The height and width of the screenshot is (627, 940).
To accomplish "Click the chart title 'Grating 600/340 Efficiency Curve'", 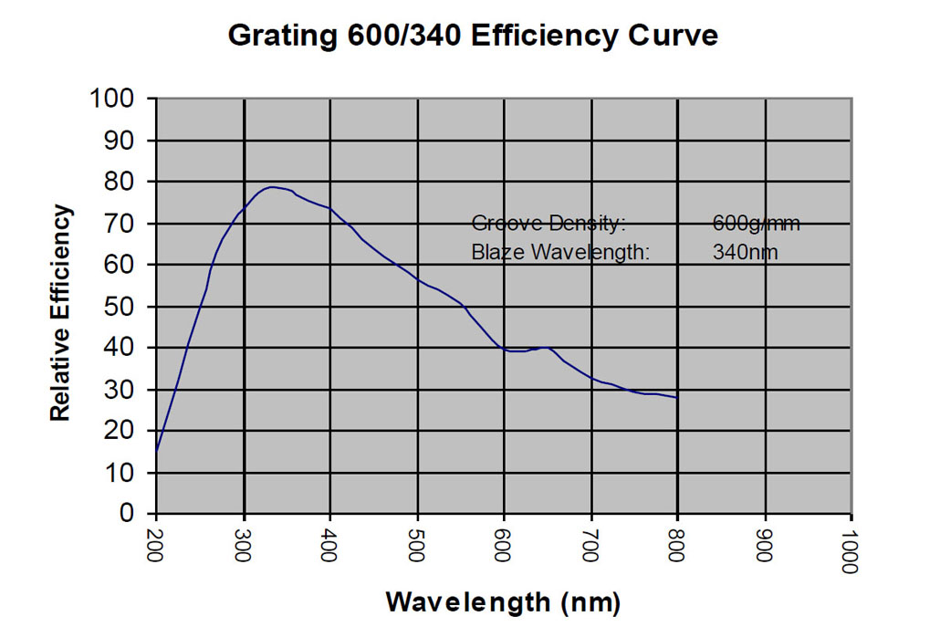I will [473, 36].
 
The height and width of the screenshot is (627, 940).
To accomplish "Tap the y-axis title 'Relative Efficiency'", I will [60, 313].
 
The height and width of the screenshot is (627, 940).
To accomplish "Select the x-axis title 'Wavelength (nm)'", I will [503, 601].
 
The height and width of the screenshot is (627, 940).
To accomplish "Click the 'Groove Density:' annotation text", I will [548, 224].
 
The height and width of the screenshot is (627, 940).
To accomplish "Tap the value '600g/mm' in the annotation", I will [757, 224].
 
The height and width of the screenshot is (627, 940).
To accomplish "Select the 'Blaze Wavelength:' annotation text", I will [560, 252].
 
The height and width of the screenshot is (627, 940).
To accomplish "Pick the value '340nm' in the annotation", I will [745, 252].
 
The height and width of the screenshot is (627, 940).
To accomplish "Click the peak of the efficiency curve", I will [272, 187].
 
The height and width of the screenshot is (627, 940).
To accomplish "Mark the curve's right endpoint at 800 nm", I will [677, 398].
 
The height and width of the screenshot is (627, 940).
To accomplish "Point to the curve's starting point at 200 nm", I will [157, 450].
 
